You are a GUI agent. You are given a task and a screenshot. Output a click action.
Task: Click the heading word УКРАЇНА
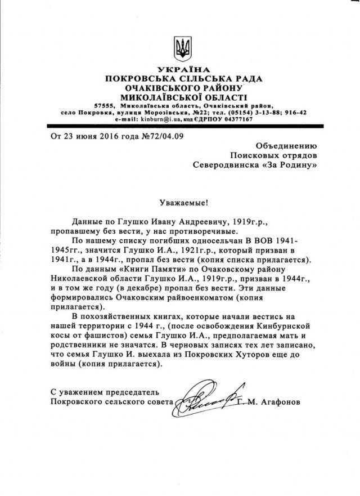180,69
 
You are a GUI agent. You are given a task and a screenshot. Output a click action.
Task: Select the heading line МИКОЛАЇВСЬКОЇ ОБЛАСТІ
180,96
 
